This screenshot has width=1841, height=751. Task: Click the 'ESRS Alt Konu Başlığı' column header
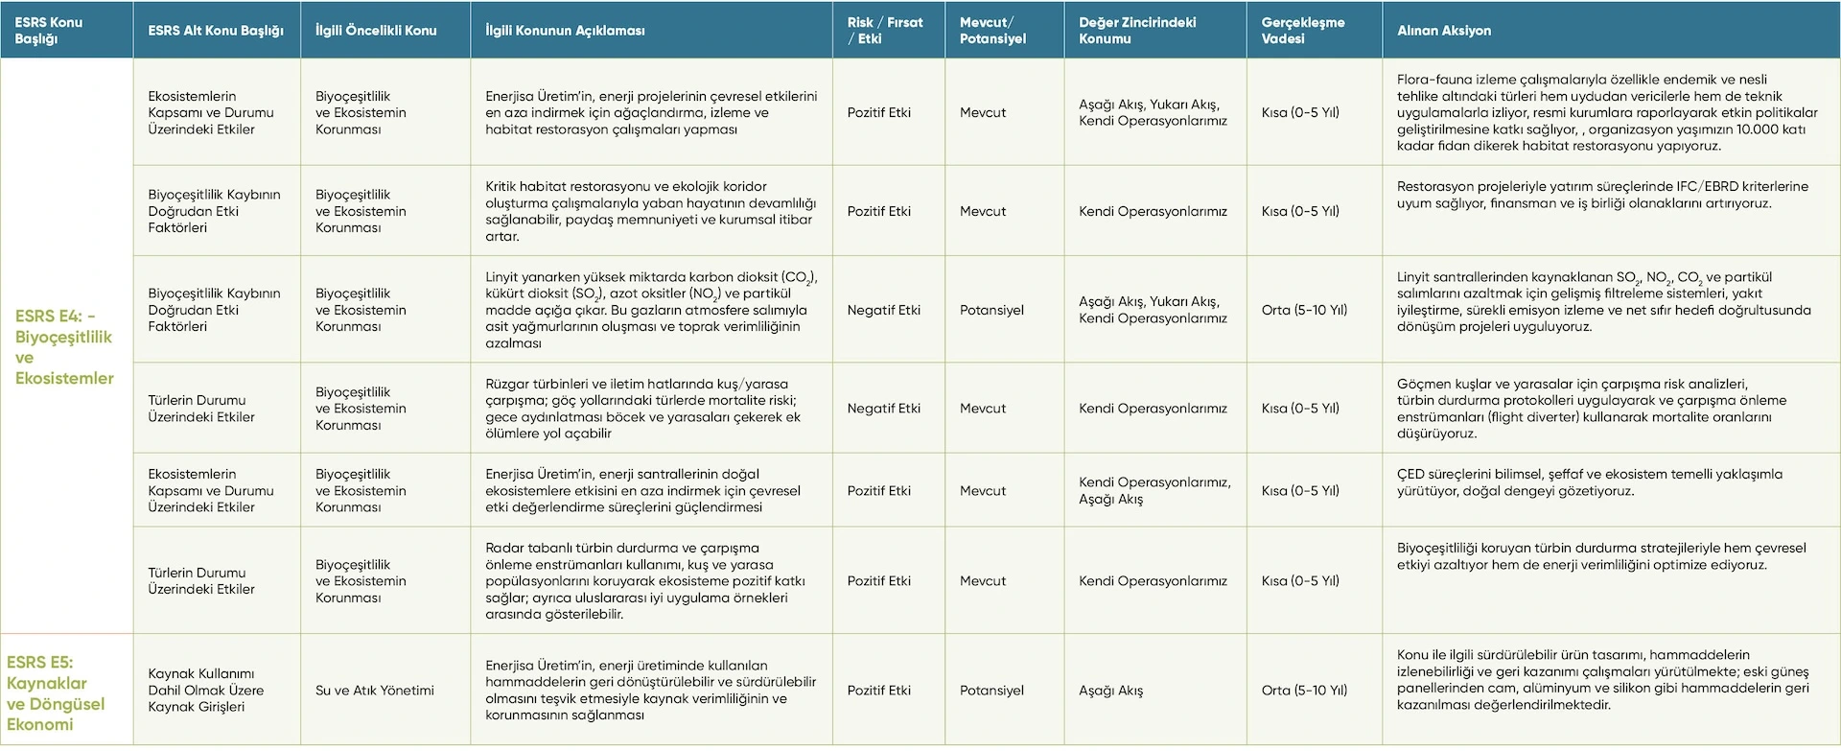(216, 31)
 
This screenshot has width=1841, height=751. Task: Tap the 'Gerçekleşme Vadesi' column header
(1302, 31)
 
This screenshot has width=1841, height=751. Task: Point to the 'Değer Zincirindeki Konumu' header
(1137, 31)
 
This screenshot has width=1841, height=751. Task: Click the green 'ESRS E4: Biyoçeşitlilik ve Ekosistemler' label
(64, 346)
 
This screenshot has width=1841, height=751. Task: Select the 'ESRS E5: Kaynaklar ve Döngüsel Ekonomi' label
(56, 692)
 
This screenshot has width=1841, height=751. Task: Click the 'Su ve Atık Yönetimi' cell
(375, 691)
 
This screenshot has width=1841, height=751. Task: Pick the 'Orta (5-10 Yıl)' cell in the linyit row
(1304, 310)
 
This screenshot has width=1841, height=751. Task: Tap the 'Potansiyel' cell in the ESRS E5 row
(991, 691)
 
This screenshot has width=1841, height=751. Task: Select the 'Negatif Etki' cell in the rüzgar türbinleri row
(884, 409)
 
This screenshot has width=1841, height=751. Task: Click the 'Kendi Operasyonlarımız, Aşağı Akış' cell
(1154, 490)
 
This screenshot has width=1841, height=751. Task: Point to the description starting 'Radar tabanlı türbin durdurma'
(645, 581)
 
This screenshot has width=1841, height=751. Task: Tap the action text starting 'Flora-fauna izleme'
(1607, 112)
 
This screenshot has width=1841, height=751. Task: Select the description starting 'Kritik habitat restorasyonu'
(650, 211)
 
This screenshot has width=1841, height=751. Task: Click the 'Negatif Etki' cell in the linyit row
(884, 310)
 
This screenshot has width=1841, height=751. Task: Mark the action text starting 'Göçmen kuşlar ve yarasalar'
(1592, 409)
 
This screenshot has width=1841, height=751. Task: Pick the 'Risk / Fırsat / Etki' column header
(885, 31)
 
